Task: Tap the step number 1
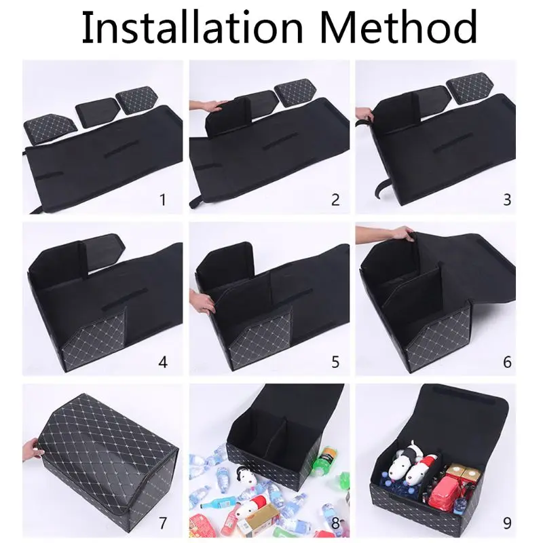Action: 162,200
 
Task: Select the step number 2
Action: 335,200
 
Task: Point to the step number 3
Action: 507,200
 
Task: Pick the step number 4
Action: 162,361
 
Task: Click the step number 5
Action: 335,361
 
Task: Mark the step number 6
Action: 507,361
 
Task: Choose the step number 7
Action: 162,523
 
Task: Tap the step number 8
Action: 335,523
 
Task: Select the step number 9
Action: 507,523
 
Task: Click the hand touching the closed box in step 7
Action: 30,449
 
